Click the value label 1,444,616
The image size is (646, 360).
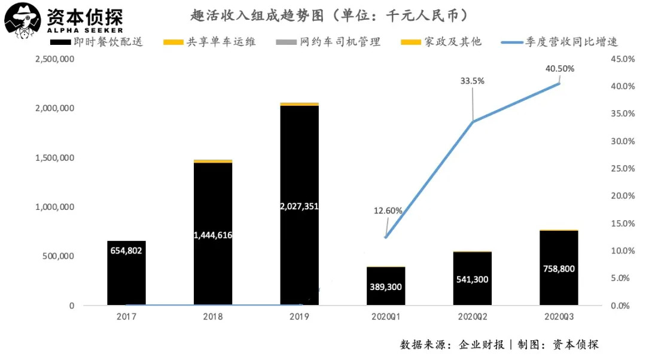tap(213, 235)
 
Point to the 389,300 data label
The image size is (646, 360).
tap(386, 287)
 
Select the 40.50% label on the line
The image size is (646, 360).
tap(560, 69)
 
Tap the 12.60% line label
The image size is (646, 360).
tap(388, 210)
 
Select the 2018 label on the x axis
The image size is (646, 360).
tap(212, 317)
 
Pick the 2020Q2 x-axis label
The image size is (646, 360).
tap(472, 317)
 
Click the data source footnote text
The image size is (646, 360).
tap(499, 344)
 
